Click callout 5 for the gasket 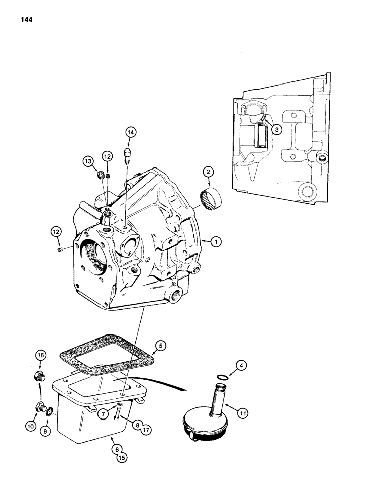coord(160,346)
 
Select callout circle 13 coord(89,161)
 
